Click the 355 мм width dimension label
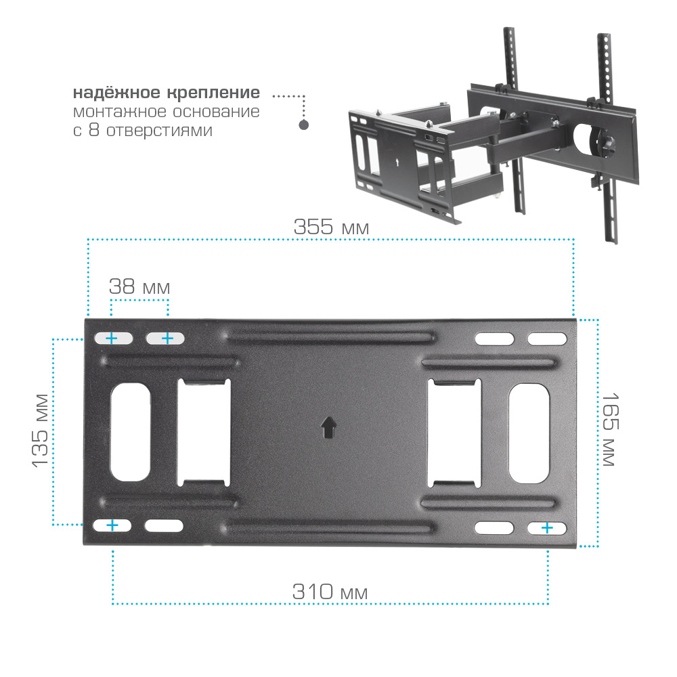click(331, 227)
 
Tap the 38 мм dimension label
click(139, 286)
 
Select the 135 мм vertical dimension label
click(40, 431)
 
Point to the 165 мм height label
click(610, 429)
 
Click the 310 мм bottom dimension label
click(330, 592)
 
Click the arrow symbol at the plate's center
click(328, 427)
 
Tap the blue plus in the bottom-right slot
click(547, 527)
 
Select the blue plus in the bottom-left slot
click(112, 525)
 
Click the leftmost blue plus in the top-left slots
click(112, 338)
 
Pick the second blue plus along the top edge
click(167, 338)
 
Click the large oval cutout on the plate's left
click(131, 432)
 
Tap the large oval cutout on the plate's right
click(529, 433)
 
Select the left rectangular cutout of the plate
click(204, 433)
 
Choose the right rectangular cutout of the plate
click(454, 433)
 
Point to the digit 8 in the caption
click(93, 129)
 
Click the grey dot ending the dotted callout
click(304, 125)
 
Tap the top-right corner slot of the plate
click(547, 339)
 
